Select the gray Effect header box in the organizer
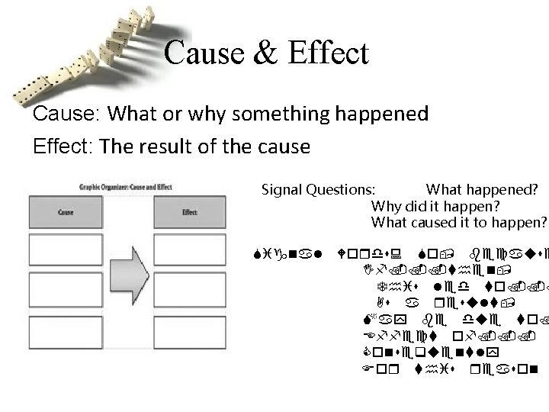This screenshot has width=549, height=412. coord(191,211)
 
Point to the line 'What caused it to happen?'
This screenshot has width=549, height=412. coord(459,222)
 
